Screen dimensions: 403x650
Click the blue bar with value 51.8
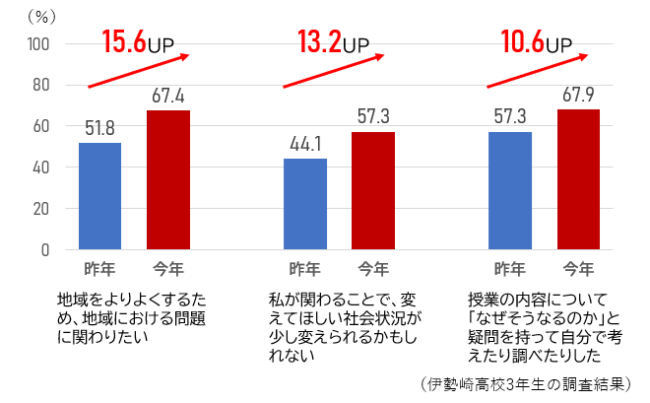click(x=99, y=196)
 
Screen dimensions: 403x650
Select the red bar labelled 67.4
click(x=168, y=180)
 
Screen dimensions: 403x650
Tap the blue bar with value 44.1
click(x=304, y=204)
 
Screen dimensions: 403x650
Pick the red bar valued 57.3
click(x=373, y=190)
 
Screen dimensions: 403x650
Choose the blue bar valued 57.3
click(x=510, y=190)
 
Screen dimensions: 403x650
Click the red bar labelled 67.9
click(x=579, y=179)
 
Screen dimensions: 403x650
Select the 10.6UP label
click(x=535, y=41)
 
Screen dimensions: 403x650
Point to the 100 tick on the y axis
click(x=38, y=43)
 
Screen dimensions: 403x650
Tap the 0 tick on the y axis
click(x=45, y=249)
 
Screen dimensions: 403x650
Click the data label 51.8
click(x=99, y=128)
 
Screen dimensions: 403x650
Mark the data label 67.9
click(x=579, y=96)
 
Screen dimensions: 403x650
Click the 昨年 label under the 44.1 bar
click(x=304, y=269)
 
